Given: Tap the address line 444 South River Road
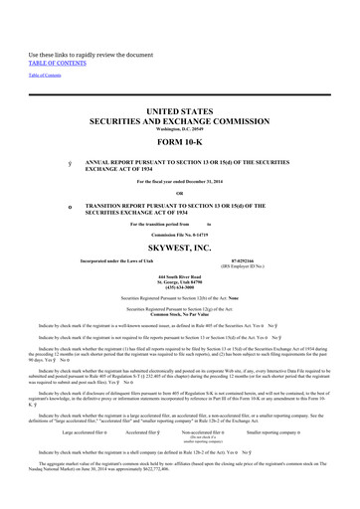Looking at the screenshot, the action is coord(179,275).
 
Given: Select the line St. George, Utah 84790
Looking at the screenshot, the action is coord(179,281).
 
